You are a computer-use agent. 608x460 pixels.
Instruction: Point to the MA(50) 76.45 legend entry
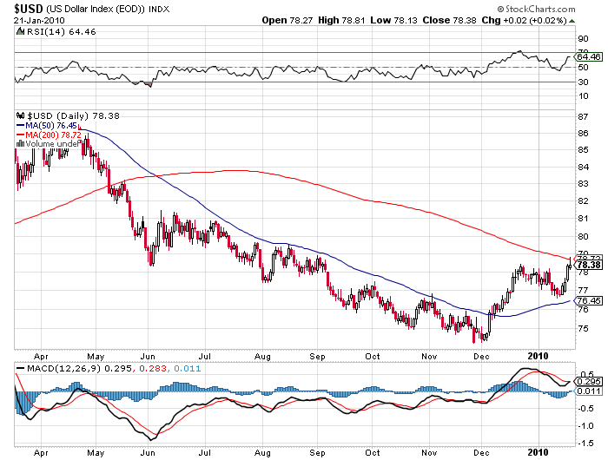click(49, 125)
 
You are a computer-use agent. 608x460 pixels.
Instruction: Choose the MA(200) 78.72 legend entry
click(50, 135)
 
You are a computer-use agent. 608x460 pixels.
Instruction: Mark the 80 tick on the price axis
click(583, 237)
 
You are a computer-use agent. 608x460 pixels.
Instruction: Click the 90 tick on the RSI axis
click(583, 38)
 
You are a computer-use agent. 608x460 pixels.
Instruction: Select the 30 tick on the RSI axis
click(583, 82)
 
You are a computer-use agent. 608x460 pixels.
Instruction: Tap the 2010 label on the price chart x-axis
click(540, 355)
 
